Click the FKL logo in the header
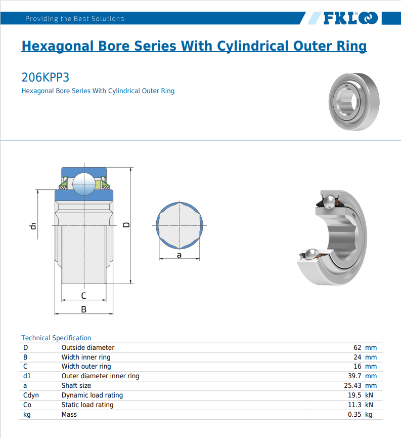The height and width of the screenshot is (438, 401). pyautogui.click(x=350, y=19)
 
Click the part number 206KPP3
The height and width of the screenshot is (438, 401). pyautogui.click(x=45, y=77)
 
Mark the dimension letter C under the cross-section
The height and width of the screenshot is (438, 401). pyautogui.click(x=83, y=296)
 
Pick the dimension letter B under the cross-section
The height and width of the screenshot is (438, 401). pyautogui.click(x=83, y=309)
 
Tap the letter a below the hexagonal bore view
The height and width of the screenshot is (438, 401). pyautogui.click(x=179, y=255)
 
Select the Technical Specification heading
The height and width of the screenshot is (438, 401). pyautogui.click(x=56, y=338)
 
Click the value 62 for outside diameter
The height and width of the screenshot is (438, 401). pyautogui.click(x=358, y=347)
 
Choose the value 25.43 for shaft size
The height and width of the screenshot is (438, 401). pyautogui.click(x=352, y=385)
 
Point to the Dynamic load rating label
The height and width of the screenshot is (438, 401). pyautogui.click(x=92, y=395)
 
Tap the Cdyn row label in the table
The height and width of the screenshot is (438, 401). pyautogui.click(x=31, y=395)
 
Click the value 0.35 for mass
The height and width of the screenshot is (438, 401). pyautogui.click(x=354, y=414)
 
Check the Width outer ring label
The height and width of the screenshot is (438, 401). pyautogui.click(x=86, y=366)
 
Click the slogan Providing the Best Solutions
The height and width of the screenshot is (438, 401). pyautogui.click(x=74, y=19)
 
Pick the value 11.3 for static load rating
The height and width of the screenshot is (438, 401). pyautogui.click(x=354, y=405)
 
